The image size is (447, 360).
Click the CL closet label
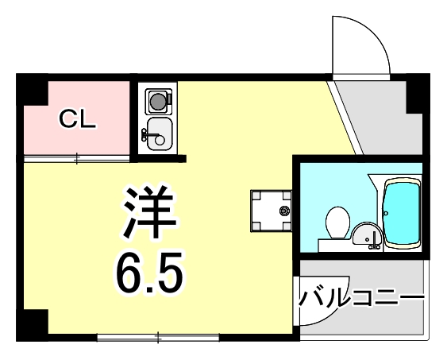pos(78,119)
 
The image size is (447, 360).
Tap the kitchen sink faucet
pos(148,132)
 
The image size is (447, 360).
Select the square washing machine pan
pos(271,210)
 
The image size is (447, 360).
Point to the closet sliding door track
pos(76,158)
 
